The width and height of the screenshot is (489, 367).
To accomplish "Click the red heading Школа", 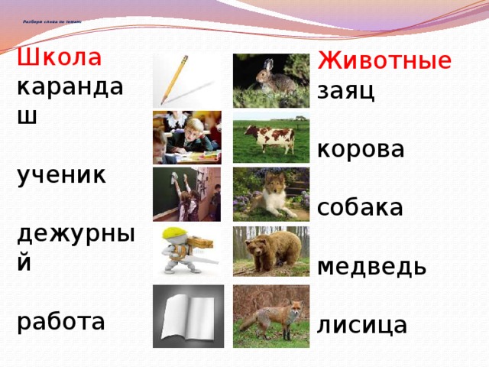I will click(59, 57).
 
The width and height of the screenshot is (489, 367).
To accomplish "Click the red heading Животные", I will click(384, 60).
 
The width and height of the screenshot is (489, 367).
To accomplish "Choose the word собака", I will click(359, 206).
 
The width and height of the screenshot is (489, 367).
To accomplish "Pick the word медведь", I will click(371, 267).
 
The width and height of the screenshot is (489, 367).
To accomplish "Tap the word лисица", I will click(362, 325).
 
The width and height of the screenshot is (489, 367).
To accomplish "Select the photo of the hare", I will click(270, 80).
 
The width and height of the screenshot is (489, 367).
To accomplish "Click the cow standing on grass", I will click(270, 137).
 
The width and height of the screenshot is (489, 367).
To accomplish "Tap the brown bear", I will click(270, 251).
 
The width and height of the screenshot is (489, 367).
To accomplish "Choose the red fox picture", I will click(270, 311).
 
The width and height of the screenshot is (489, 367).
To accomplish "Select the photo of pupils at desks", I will click(187, 137).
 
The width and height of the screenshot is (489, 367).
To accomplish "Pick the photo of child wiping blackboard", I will click(187, 194).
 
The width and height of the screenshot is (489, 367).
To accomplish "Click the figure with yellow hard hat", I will click(186, 251).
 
